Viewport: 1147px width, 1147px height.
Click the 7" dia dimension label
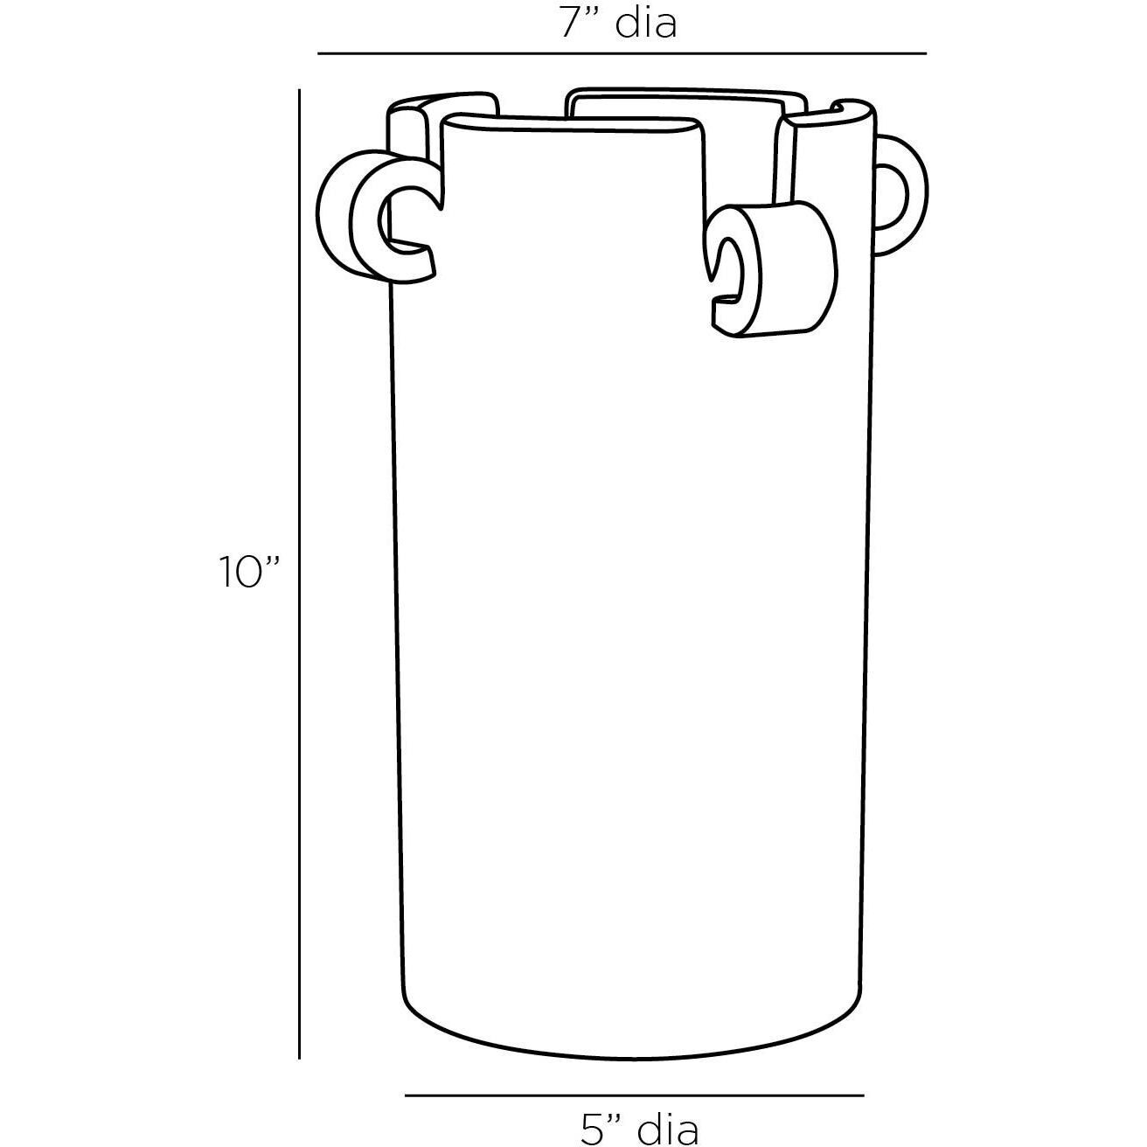tap(618, 24)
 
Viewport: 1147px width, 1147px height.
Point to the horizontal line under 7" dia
tap(622, 53)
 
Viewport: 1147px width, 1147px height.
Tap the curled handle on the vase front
tap(774, 269)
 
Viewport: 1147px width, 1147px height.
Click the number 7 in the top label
tap(572, 24)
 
